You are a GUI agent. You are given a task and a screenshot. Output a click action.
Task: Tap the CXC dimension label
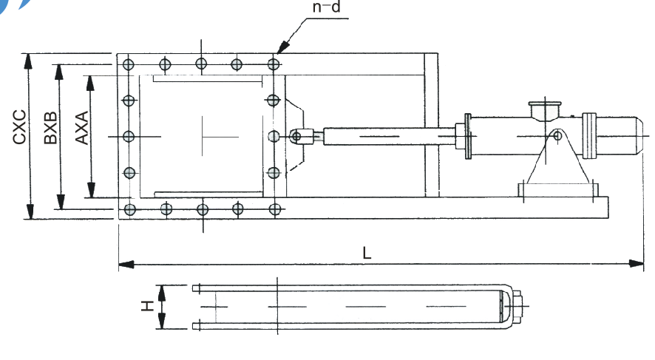pyautogui.click(x=20, y=126)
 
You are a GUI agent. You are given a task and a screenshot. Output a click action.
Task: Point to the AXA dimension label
pyautogui.click(x=81, y=127)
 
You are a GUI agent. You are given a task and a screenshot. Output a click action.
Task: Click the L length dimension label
pyautogui.click(x=367, y=251)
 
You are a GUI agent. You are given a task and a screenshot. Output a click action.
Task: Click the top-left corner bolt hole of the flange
pyautogui.click(x=129, y=64)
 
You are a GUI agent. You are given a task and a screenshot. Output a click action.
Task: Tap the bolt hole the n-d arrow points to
pyautogui.click(x=273, y=64)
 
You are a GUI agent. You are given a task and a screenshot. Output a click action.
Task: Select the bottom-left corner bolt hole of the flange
pyautogui.click(x=130, y=209)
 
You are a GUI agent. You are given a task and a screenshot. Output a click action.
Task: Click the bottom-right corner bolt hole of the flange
pyautogui.click(x=273, y=209)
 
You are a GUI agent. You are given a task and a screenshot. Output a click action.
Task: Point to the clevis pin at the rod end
pyautogui.click(x=296, y=136)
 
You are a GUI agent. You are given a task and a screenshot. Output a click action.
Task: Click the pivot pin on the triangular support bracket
pyautogui.click(x=556, y=137)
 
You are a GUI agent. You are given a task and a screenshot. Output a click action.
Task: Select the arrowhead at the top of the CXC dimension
pyautogui.click(x=30, y=58)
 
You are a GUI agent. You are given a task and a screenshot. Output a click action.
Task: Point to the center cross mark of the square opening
pyautogui.click(x=201, y=136)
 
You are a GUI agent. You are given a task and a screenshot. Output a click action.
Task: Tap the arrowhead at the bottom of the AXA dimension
pyautogui.click(x=91, y=193)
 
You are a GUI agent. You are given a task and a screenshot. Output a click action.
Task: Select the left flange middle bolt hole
pyautogui.click(x=129, y=136)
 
